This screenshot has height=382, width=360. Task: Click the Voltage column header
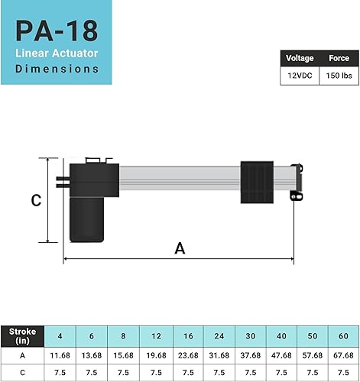(295, 58)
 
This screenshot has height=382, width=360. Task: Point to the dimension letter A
(180, 248)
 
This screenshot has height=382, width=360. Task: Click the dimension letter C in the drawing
(35, 201)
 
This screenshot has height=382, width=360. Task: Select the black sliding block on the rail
(257, 181)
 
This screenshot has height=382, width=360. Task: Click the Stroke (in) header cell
(23, 336)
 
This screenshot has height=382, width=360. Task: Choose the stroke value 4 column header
(60, 336)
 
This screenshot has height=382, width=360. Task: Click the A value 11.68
(60, 355)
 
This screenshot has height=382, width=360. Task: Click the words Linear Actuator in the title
(58, 53)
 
